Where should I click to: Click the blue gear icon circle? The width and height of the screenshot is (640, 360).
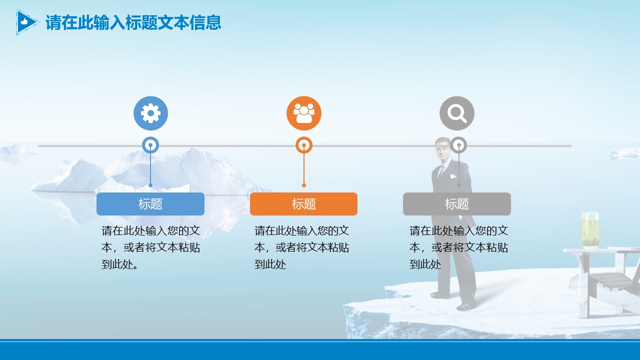[x=150, y=113]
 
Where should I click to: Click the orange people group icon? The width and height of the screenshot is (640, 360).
[x=304, y=113]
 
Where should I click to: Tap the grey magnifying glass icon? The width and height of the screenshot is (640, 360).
[x=457, y=113]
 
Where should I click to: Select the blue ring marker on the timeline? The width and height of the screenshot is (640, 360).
[x=150, y=145]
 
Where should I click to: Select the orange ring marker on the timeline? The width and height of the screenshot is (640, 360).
[x=304, y=145]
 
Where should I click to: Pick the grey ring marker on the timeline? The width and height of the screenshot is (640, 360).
[x=458, y=145]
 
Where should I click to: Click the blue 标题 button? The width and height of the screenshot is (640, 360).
[x=150, y=204]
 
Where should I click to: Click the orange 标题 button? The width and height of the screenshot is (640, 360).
[x=304, y=204]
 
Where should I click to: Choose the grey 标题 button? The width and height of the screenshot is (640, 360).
[x=457, y=204]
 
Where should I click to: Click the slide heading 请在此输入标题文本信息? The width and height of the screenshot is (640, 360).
[x=133, y=22]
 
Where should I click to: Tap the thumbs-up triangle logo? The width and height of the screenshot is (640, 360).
[x=25, y=22]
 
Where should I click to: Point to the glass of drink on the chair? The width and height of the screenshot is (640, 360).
[x=590, y=230]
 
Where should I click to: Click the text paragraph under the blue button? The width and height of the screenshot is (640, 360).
[x=150, y=247]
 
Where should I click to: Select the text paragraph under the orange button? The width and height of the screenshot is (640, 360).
[x=301, y=247]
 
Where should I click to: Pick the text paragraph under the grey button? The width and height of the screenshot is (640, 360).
[x=458, y=247]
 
